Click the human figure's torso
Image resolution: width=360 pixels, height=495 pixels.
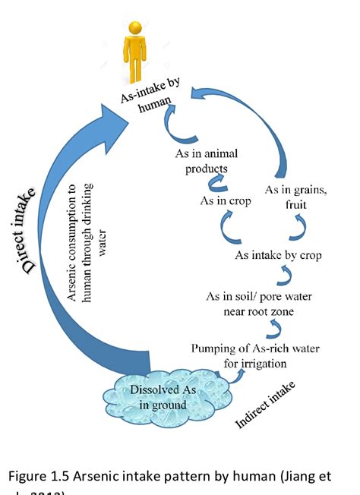135,54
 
